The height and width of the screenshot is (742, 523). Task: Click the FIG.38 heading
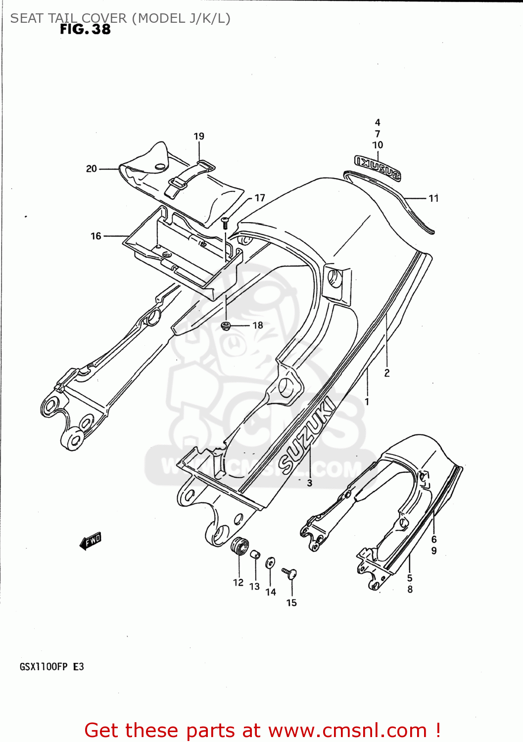click(85, 30)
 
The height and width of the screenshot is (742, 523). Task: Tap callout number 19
click(199, 136)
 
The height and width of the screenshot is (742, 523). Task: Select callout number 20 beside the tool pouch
click(92, 169)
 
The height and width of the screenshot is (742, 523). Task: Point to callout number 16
click(96, 236)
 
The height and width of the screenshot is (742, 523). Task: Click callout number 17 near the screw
click(260, 198)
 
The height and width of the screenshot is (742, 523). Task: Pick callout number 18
click(258, 325)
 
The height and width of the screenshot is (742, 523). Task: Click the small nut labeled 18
click(227, 325)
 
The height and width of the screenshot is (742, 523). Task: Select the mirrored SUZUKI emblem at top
click(377, 167)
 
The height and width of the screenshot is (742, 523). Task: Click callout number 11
click(433, 198)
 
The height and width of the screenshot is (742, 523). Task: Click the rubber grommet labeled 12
click(239, 546)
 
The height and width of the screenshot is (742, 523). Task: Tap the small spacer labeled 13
click(255, 555)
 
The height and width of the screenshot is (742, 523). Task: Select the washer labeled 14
click(270, 563)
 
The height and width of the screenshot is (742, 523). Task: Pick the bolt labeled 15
click(290, 573)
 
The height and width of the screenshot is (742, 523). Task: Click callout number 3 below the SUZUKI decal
click(310, 483)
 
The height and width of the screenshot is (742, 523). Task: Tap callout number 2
click(387, 373)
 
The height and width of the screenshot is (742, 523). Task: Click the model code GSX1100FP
click(44, 667)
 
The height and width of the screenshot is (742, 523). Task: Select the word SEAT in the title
click(27, 18)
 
